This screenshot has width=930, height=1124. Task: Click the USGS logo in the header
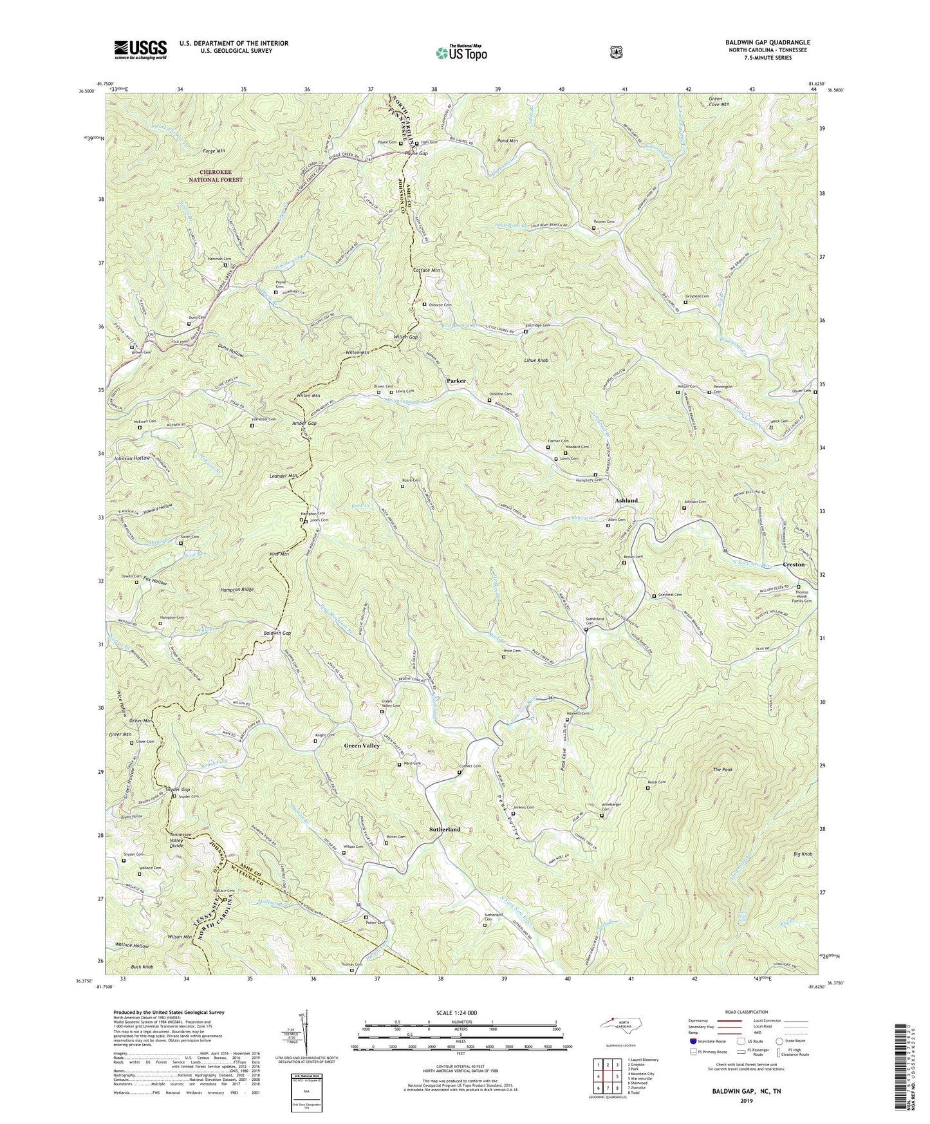(x=140, y=49)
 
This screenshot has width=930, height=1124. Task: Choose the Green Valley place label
(x=362, y=745)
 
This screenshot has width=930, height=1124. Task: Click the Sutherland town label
(x=445, y=830)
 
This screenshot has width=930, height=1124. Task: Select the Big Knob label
(x=804, y=854)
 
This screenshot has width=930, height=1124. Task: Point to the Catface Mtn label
(x=426, y=270)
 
